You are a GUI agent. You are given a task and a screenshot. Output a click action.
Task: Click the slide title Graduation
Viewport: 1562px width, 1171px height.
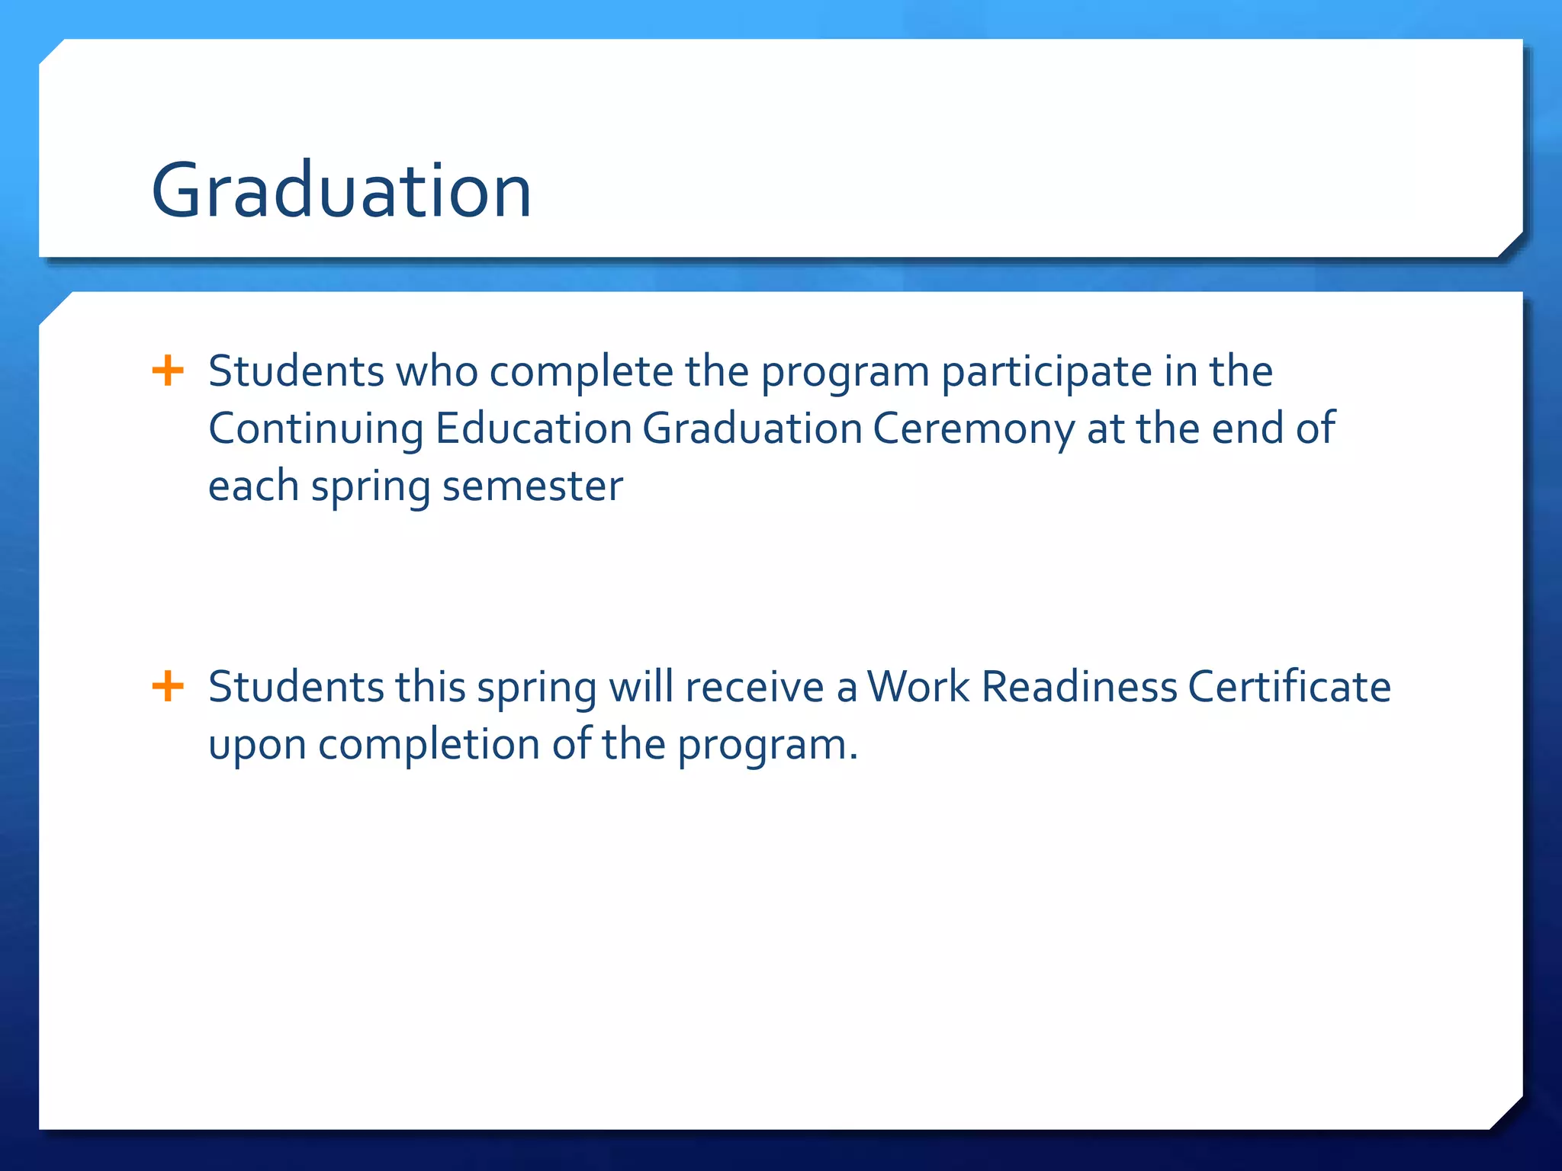(341, 191)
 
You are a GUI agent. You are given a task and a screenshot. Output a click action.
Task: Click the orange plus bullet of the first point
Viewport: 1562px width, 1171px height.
(168, 371)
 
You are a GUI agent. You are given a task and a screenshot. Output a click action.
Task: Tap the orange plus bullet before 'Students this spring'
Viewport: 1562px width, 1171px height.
(168, 686)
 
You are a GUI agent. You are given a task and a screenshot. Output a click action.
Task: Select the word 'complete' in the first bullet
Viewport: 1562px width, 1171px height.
(581, 372)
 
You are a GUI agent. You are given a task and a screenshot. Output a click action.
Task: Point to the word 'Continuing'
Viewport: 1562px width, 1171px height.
(316, 429)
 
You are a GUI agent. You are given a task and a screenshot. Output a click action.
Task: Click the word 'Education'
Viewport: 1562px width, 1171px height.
(533, 428)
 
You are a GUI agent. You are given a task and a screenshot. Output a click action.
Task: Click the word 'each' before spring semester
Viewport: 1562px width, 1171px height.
(253, 486)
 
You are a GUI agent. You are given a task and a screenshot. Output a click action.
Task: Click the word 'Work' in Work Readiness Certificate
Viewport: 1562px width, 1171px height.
(918, 687)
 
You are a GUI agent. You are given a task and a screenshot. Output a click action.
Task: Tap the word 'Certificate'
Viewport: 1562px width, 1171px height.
(1289, 687)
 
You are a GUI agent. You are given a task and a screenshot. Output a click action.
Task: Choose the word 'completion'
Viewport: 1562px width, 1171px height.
(429, 744)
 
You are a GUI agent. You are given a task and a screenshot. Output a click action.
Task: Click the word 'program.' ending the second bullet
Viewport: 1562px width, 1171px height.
(767, 746)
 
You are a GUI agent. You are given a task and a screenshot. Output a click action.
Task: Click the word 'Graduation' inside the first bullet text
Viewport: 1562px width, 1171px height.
(752, 428)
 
